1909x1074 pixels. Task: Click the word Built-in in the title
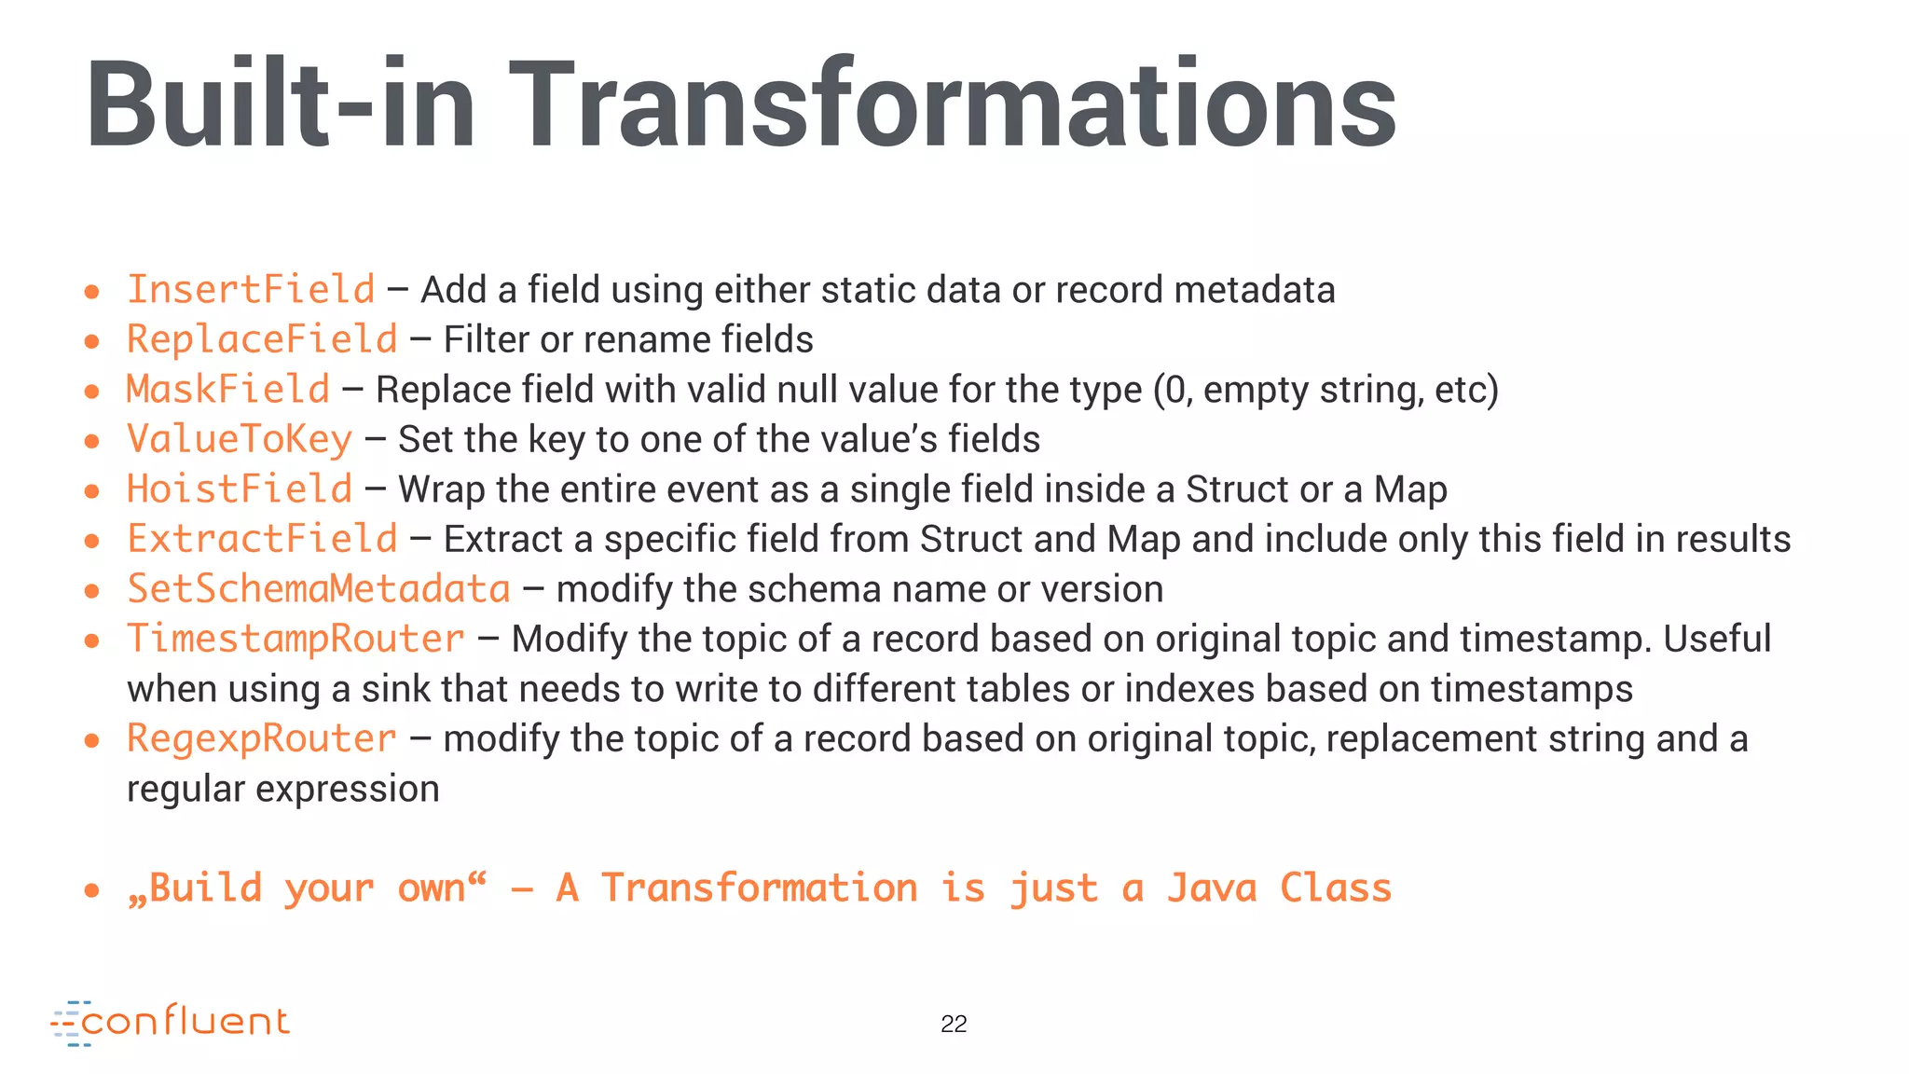[280, 104]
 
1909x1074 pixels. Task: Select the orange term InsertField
[251, 290]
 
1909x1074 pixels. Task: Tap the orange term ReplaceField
[262, 339]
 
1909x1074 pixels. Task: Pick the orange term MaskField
[228, 390]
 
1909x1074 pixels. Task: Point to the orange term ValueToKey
[240, 439]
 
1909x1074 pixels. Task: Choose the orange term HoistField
[240, 489]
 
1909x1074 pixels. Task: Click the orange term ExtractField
[262, 539]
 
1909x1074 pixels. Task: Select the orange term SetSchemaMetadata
[319, 589]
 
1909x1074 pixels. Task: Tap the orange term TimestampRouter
[295, 639]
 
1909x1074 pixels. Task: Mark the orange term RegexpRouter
[262, 738]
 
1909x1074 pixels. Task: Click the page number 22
[954, 1024]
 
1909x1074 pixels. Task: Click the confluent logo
[171, 1023]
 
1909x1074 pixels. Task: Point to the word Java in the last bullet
[1211, 888]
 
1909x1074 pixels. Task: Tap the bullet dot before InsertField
[91, 292]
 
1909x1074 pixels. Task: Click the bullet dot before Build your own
[91, 890]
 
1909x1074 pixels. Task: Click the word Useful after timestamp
[1717, 639]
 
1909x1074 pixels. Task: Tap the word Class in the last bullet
[1336, 888]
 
